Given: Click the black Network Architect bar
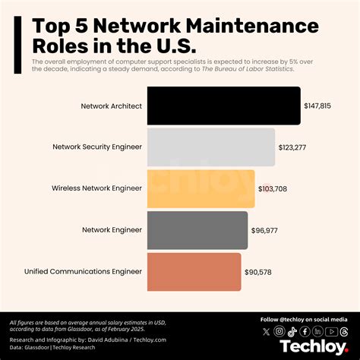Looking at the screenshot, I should click(223, 106).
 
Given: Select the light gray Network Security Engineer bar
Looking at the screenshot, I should click(210, 147).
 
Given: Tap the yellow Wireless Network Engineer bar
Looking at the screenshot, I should click(201, 188).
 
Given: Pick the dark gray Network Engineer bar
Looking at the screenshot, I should click(197, 230).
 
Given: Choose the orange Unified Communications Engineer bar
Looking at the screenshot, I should click(194, 271).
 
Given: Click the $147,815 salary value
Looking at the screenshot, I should click(318, 106).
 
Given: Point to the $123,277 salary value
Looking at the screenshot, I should click(292, 147).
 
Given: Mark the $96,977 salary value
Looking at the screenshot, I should click(265, 230).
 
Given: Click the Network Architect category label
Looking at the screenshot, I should click(111, 106).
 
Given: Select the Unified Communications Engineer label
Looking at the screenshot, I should click(83, 271).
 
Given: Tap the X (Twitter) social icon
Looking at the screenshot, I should click(266, 332).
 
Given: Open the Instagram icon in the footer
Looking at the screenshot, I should click(279, 332).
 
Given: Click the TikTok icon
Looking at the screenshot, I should click(292, 332).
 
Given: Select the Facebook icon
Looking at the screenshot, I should click(305, 332).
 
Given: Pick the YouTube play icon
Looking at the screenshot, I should click(330, 332).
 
